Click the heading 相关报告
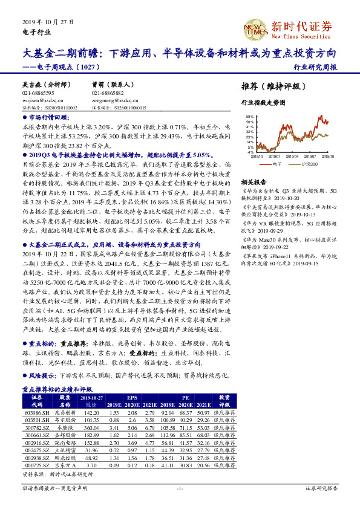253,182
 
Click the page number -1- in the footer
180,487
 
